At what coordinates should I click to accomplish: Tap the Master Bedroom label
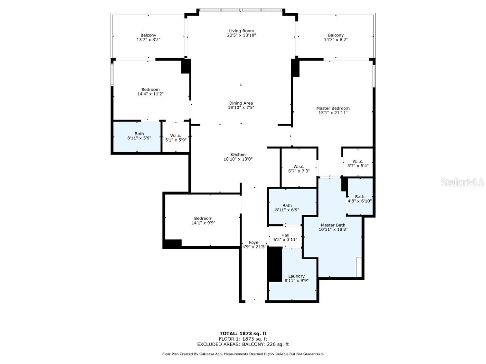[333, 109]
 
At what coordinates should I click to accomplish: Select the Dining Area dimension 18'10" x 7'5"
[241, 108]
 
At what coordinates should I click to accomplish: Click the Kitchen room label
[238, 155]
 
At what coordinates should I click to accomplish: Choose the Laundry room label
[296, 276]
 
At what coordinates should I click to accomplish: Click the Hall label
[285, 235]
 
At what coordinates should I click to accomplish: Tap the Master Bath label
[333, 225]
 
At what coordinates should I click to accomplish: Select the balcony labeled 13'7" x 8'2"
[148, 37]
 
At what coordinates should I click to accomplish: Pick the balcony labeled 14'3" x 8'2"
[336, 37]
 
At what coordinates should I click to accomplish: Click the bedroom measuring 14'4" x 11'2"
[150, 91]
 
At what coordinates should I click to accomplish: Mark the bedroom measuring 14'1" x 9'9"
[202, 220]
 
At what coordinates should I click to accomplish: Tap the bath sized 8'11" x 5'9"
[139, 136]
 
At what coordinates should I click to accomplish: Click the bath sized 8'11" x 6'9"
[287, 208]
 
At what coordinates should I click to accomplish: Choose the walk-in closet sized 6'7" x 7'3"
[299, 168]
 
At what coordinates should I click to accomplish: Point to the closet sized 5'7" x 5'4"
[358, 163]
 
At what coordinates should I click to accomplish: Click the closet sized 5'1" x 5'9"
[176, 137]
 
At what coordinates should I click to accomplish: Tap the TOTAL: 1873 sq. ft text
[243, 333]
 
